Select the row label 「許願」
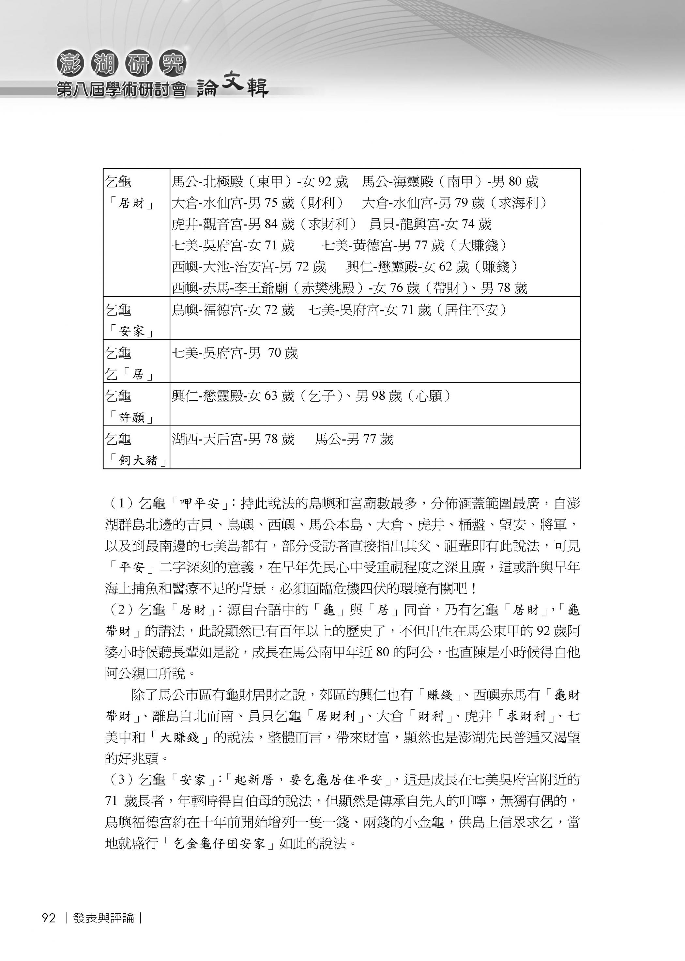coord(131,418)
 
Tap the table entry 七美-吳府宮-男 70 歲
coord(235,353)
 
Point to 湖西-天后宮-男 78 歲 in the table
coord(233,440)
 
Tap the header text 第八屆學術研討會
coord(121,90)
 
